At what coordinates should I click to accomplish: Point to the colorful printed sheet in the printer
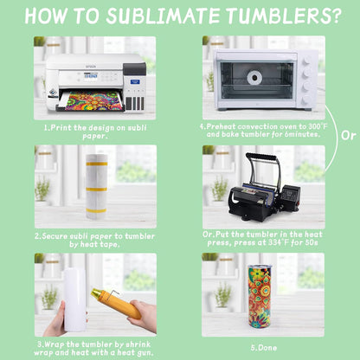pyautogui.click(x=92, y=100)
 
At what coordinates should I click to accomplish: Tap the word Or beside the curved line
pyautogui.click(x=348, y=135)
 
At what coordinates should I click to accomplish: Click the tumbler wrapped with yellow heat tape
pyautogui.click(x=95, y=185)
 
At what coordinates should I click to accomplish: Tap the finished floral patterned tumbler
pyautogui.click(x=259, y=296)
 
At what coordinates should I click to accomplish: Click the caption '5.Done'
pyautogui.click(x=264, y=348)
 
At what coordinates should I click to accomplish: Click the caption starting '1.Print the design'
pyautogui.click(x=95, y=131)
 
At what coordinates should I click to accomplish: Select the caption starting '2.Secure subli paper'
pyautogui.click(x=95, y=239)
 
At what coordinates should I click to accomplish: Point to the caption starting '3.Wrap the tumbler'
pyautogui.click(x=95, y=348)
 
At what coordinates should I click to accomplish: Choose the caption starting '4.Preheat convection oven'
pyautogui.click(x=264, y=131)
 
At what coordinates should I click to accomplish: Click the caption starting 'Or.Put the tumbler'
pyautogui.click(x=264, y=239)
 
